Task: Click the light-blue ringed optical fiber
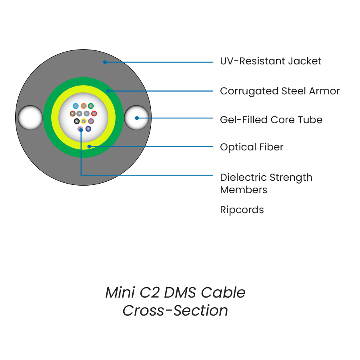coord(76,106)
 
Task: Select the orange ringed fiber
coord(84,106)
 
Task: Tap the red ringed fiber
coord(94,114)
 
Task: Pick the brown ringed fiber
coord(72,114)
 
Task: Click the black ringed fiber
coord(77,121)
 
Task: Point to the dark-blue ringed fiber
coord(88,129)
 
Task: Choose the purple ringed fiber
coord(91,121)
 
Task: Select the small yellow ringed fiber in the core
coord(84,121)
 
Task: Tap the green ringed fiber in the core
coord(91,106)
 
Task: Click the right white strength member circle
coord(136,118)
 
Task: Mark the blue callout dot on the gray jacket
coord(105,62)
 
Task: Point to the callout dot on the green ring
coord(108,91)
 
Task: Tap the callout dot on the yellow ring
coord(89,146)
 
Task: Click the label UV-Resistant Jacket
coord(270,61)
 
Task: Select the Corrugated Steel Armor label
coord(280,91)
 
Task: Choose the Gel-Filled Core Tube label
coord(271,120)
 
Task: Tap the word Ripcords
coord(242,210)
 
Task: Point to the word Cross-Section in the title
coord(175,311)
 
